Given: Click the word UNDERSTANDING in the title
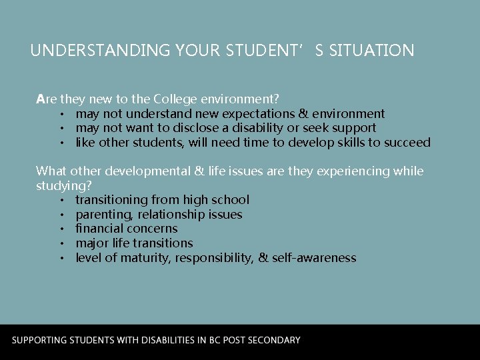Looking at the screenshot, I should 101,50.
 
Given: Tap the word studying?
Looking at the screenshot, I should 64,185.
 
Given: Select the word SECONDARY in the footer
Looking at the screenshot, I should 273,340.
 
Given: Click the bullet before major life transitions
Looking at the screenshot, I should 61,244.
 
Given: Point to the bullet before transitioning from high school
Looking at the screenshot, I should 61,201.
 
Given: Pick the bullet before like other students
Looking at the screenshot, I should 61,143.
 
